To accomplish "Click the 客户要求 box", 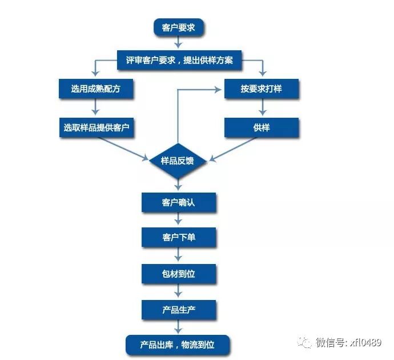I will pyautogui.click(x=178, y=27).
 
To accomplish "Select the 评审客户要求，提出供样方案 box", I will pyautogui.click(x=179, y=60).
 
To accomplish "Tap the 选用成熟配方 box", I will pyautogui.click(x=95, y=89).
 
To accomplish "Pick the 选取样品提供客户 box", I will pyautogui.click(x=95, y=127).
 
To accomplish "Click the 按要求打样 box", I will pyautogui.click(x=261, y=89).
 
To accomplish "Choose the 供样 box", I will pyautogui.click(x=261, y=127).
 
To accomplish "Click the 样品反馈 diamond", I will pyautogui.click(x=178, y=161).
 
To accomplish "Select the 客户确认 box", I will pyautogui.click(x=179, y=202).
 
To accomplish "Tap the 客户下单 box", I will pyautogui.click(x=179, y=237).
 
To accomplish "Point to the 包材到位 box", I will pyautogui.click(x=179, y=273).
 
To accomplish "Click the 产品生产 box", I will pyautogui.click(x=179, y=310).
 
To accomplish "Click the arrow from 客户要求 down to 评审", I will pyautogui.click(x=178, y=43).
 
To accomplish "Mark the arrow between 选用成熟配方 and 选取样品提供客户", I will pyautogui.click(x=95, y=107).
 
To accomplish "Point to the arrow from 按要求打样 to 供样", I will pyautogui.click(x=262, y=107).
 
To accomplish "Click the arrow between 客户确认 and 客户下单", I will pyautogui.click(x=179, y=219).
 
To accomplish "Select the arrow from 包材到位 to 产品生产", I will pyautogui.click(x=179, y=291).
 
